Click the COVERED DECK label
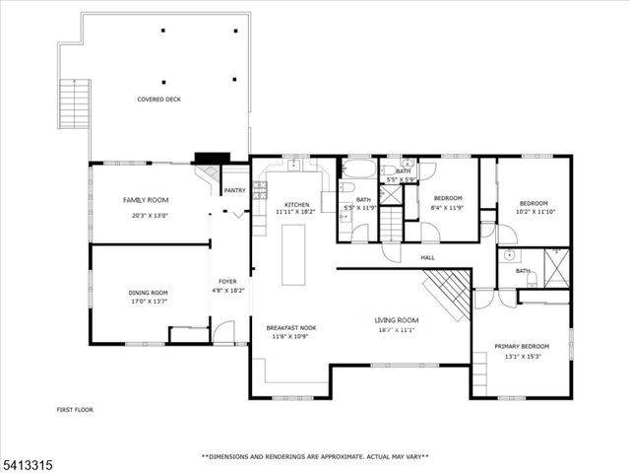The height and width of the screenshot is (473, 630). pyautogui.click(x=158, y=99)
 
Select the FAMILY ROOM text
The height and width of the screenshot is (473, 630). pyautogui.click(x=146, y=200)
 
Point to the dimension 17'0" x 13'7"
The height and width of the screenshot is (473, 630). pyautogui.click(x=149, y=301)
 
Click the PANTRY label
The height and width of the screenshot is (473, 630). pyautogui.click(x=234, y=191)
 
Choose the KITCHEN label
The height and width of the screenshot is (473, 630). pyautogui.click(x=296, y=204)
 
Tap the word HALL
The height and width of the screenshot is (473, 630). pyautogui.click(x=428, y=258)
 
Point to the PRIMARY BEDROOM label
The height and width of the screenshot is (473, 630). pyautogui.click(x=522, y=347)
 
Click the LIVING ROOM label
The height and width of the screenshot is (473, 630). pyautogui.click(x=396, y=320)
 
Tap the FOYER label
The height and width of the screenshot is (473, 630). pyautogui.click(x=227, y=282)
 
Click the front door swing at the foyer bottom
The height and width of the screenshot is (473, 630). pyautogui.click(x=224, y=333)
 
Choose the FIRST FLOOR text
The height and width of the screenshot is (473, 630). pyautogui.click(x=75, y=408)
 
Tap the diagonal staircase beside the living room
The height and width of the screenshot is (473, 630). pyautogui.click(x=449, y=295)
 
